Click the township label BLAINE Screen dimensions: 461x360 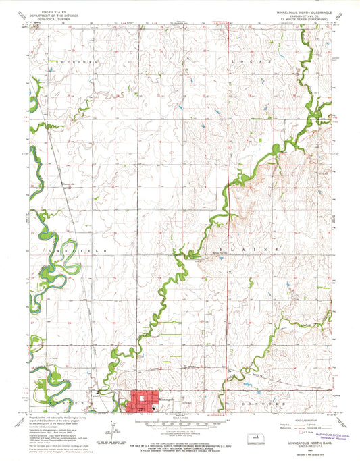(x=263, y=250)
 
